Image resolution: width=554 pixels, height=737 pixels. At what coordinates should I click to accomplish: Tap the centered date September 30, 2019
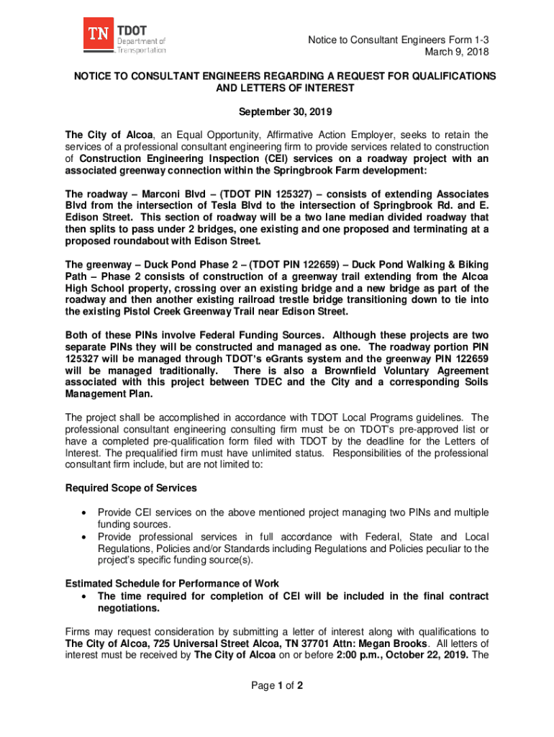(277, 112)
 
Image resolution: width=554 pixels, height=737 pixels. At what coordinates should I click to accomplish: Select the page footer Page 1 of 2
(277, 685)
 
